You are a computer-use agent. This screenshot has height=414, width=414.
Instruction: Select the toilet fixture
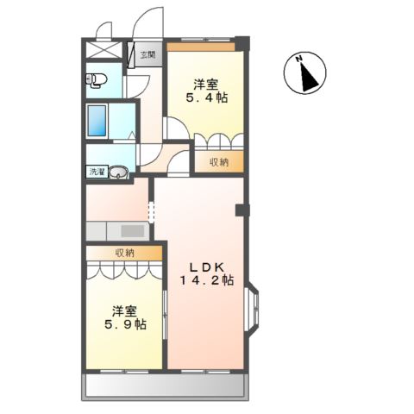96,80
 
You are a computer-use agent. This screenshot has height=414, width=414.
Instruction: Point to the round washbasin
120,172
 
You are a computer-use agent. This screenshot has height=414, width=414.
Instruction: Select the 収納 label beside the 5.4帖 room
217,161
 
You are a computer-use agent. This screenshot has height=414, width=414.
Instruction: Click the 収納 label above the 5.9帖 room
124,253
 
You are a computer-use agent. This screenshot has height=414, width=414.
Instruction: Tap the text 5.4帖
205,100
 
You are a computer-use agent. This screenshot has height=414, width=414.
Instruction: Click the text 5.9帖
126,325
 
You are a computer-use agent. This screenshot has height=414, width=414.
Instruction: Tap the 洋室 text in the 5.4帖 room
205,85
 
